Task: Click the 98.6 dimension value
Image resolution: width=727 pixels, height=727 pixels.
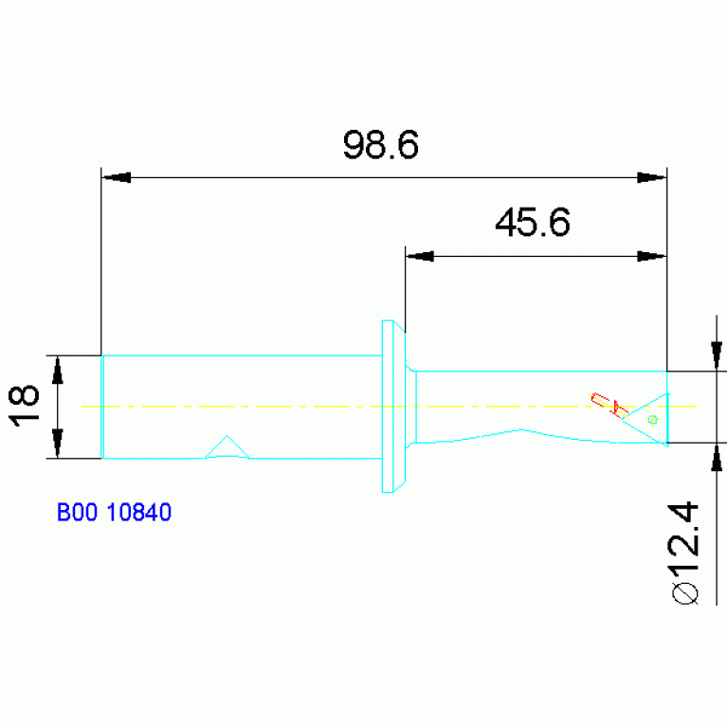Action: click(x=380, y=146)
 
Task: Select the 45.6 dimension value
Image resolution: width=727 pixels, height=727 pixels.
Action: click(x=532, y=224)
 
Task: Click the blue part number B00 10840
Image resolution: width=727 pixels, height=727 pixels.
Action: click(x=113, y=513)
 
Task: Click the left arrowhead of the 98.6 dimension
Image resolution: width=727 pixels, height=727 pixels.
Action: click(x=116, y=177)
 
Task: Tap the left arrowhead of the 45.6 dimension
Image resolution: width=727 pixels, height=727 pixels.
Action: click(x=419, y=256)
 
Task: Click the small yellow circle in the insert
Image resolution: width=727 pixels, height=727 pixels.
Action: click(x=651, y=418)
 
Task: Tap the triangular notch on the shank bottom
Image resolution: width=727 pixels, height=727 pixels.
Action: click(x=227, y=448)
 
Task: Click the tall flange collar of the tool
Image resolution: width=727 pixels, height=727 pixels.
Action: click(x=387, y=406)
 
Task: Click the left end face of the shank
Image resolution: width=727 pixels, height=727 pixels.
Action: click(x=102, y=407)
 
